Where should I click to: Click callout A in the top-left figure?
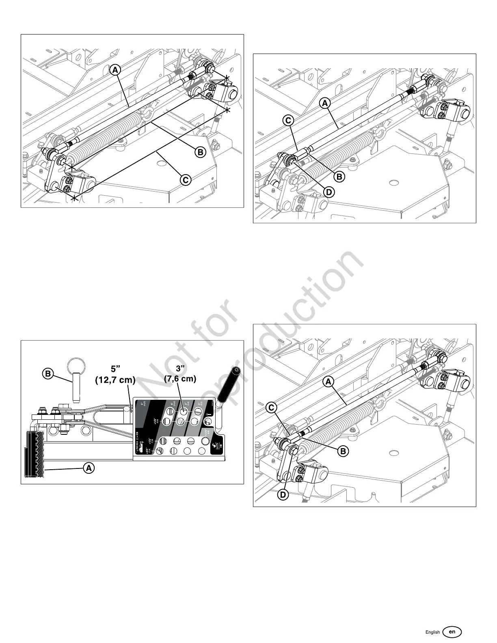(115, 70)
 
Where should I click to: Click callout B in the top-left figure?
(200, 152)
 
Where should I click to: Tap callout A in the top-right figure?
(325, 104)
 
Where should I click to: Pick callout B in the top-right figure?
(339, 177)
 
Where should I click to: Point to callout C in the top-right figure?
(288, 121)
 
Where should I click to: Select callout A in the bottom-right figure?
(328, 382)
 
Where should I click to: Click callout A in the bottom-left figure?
(89, 468)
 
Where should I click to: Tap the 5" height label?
(116, 369)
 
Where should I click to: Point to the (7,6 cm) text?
(180, 379)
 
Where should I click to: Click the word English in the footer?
(432, 632)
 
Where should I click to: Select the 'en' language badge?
(452, 632)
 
